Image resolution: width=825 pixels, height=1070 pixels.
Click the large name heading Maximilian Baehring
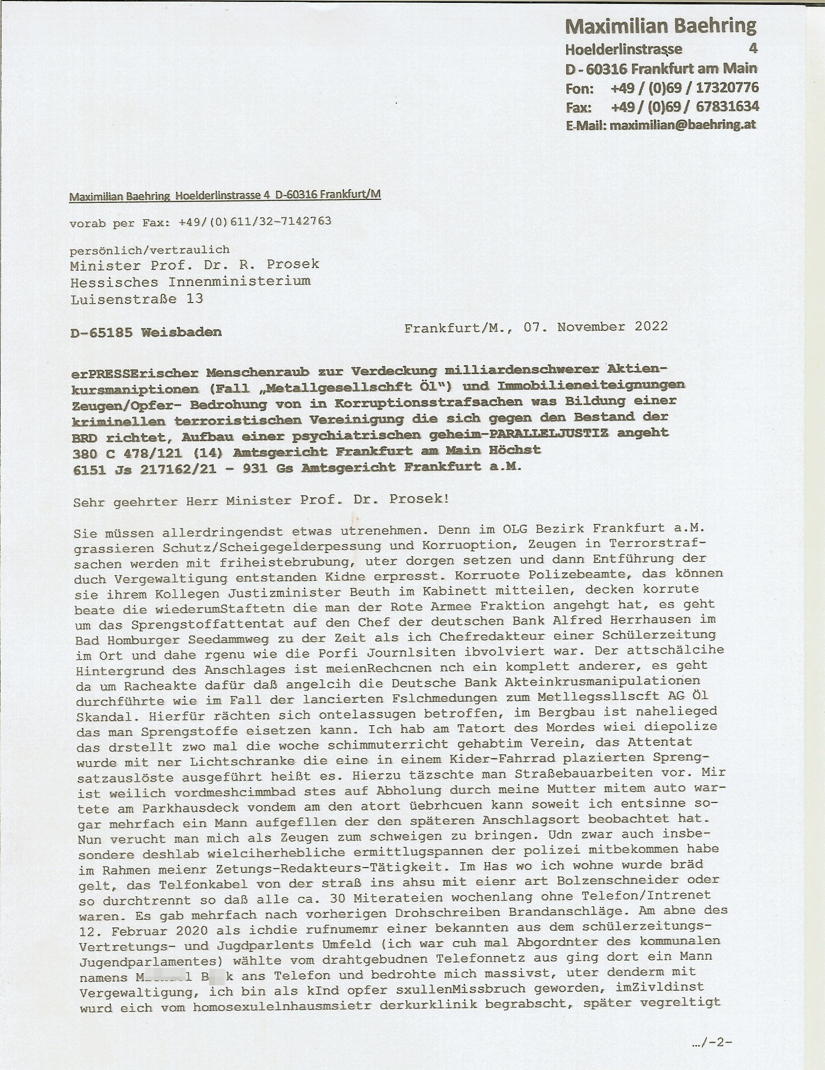(661, 25)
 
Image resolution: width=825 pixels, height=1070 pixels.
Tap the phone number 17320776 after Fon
(727, 88)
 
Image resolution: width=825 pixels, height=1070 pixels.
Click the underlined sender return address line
(225, 196)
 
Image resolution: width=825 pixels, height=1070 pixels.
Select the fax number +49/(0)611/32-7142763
(255, 221)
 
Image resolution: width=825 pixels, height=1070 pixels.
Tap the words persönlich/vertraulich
(149, 250)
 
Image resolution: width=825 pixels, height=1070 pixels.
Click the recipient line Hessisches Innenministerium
(190, 282)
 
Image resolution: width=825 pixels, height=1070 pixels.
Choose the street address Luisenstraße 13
(137, 298)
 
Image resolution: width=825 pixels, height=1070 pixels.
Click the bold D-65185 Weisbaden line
(146, 332)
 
